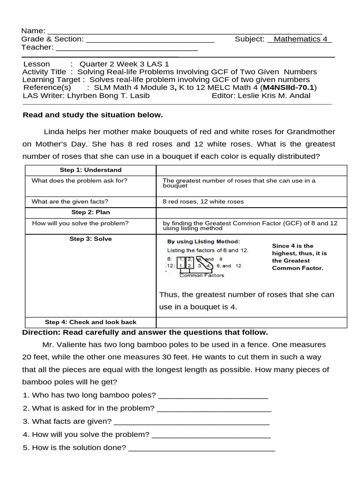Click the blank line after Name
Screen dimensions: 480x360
(185, 32)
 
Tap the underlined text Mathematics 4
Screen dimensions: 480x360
(300, 39)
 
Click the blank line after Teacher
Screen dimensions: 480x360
(127, 49)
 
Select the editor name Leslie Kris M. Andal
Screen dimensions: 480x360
(274, 96)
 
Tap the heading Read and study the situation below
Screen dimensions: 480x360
(93, 115)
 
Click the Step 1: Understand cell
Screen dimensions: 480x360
(90, 170)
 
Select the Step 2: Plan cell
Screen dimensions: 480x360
(90, 212)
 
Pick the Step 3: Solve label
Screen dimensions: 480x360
(90, 239)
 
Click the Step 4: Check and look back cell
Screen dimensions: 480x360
(90, 322)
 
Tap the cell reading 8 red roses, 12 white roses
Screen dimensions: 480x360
(203, 202)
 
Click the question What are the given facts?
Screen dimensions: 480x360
(70, 202)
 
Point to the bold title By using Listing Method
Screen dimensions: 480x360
(203, 241)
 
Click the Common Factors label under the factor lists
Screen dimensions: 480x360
(202, 275)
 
